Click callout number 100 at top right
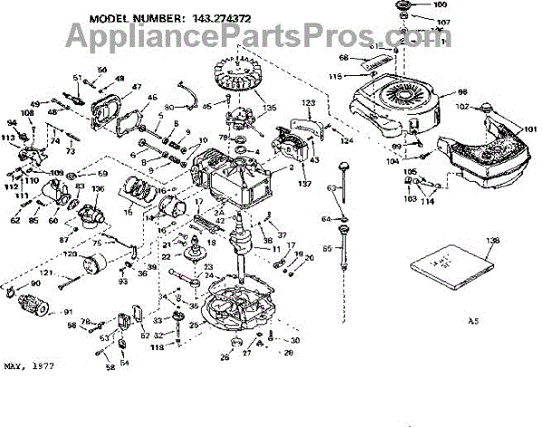(x=440, y=5)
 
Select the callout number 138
(x=491, y=241)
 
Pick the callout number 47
(x=138, y=87)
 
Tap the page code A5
(x=473, y=320)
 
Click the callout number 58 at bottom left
(x=110, y=368)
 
